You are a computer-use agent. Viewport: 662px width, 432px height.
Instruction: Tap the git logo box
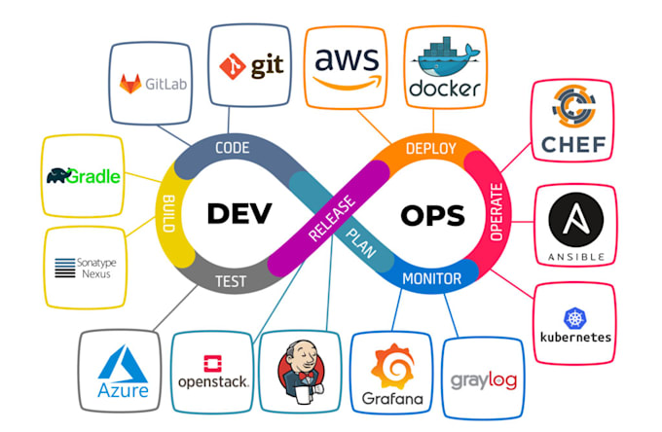(x=250, y=66)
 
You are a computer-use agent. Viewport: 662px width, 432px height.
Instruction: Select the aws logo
(x=346, y=65)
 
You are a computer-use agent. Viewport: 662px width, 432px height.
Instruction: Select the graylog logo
(x=483, y=379)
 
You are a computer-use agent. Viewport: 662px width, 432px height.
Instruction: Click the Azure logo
(x=124, y=374)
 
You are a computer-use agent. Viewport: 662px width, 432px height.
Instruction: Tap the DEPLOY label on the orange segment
(x=430, y=148)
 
